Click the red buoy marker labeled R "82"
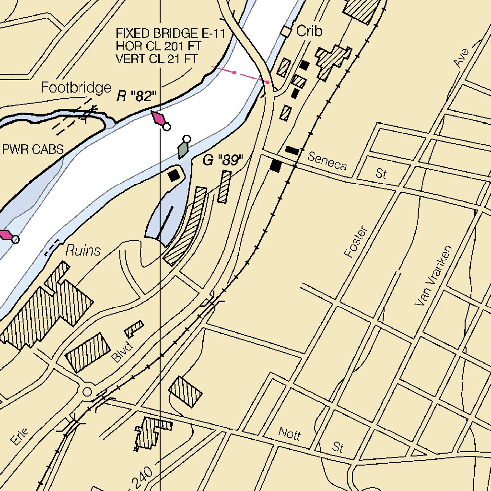pyautogui.click(x=159, y=118)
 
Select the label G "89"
pyautogui.click(x=223, y=161)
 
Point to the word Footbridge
pyautogui.click(x=76, y=88)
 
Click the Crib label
pyautogui.click(x=309, y=32)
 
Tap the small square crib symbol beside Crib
pyautogui.click(x=286, y=32)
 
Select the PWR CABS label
pyautogui.click(x=33, y=149)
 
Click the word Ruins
pyautogui.click(x=83, y=250)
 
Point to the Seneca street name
pyautogui.click(x=327, y=161)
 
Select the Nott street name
pyautogui.click(x=289, y=434)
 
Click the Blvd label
pyautogui.click(x=121, y=353)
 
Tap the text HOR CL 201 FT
pyautogui.click(x=158, y=47)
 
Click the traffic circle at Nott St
pyautogui.click(x=87, y=392)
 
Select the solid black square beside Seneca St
pyautogui.click(x=276, y=166)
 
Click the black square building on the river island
pyautogui.click(x=174, y=175)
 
